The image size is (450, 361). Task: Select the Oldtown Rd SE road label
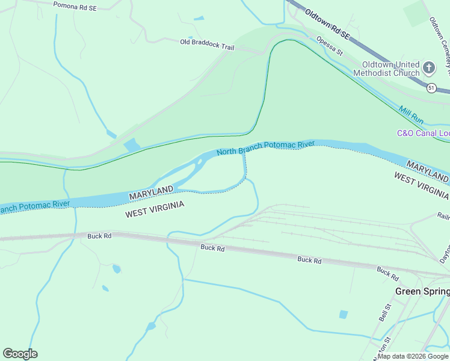tap(327, 24)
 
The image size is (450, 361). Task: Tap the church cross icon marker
tap(429, 68)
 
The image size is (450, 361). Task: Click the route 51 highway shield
tap(431, 88)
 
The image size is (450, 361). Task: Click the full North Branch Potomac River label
tap(266, 148)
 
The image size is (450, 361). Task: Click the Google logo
tap(20, 354)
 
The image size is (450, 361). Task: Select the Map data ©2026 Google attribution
tap(413, 356)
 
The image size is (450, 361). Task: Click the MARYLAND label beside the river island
tap(150, 194)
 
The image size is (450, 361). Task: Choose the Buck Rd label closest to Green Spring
tap(387, 274)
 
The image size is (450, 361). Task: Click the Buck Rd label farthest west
tap(99, 236)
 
